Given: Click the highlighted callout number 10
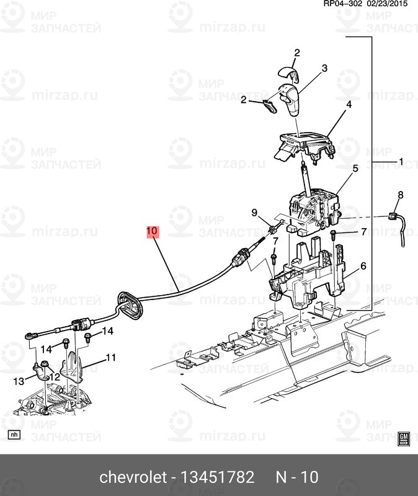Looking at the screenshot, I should coord(153,232).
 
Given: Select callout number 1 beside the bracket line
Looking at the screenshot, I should coord(401,162).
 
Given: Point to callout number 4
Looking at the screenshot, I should coord(349,105).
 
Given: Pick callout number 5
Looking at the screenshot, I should coord(355,168).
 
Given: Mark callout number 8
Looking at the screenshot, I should coord(400,195).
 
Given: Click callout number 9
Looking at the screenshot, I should coord(254,213).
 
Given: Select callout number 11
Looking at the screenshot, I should coord(111,357).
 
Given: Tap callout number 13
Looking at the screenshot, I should coord(19,381).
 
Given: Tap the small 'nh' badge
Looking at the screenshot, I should coord(14,435).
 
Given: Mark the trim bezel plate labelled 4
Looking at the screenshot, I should coord(304,144).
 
